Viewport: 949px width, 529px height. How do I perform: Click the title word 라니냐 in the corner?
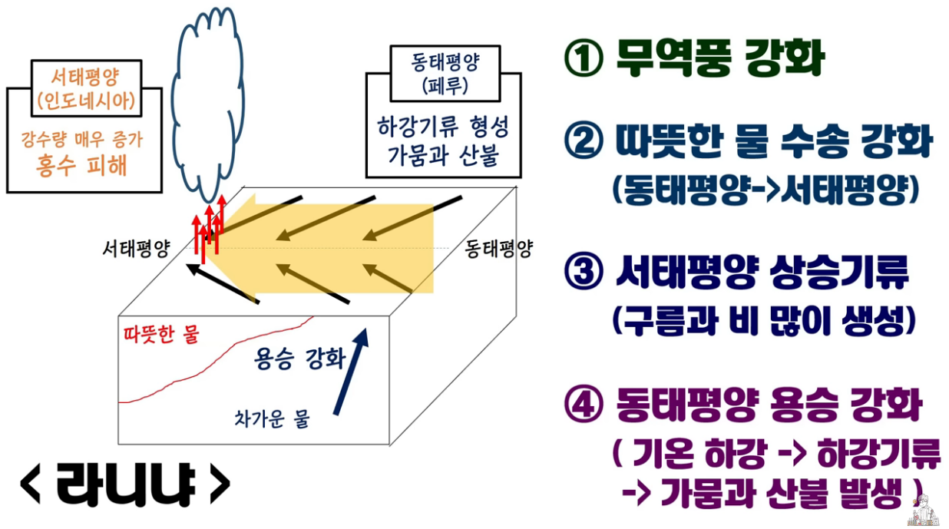pos(124,484)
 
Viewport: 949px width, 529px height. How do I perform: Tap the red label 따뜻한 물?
pos(160,335)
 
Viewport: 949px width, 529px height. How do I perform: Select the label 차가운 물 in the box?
pos(270,419)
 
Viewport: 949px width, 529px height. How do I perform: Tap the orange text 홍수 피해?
pos(81,166)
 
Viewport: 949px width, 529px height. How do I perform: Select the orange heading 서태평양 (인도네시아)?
pos(84,87)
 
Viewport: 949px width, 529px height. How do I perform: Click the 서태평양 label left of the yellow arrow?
pos(136,250)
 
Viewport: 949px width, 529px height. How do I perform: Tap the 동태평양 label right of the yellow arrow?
pos(498,250)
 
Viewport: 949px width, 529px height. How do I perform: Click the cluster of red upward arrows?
pos(209,226)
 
